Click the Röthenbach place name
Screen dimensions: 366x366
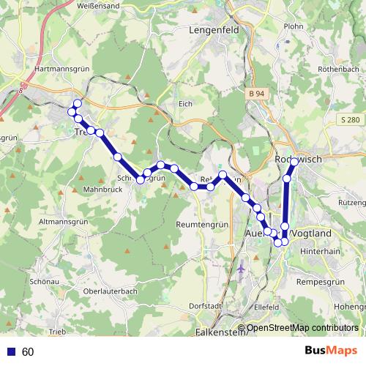click(x=340, y=69)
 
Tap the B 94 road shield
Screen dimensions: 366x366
click(x=255, y=94)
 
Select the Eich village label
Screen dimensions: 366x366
click(x=185, y=104)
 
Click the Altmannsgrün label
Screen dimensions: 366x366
click(x=63, y=220)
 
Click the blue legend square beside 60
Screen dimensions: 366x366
click(x=10, y=352)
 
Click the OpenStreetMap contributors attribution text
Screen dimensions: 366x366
click(x=302, y=328)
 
